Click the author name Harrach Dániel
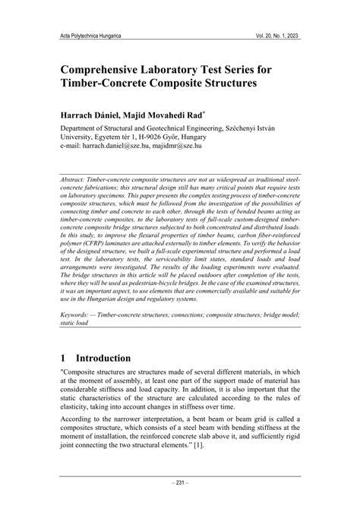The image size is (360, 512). pyautogui.click(x=93, y=115)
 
